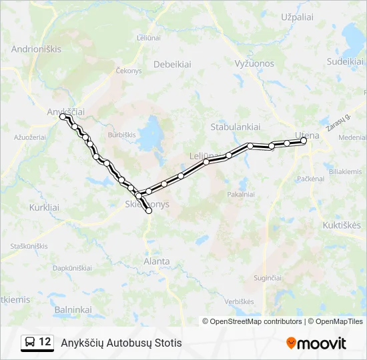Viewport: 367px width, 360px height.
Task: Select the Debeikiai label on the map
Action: [173, 65]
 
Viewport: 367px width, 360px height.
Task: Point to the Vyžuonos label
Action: [254, 63]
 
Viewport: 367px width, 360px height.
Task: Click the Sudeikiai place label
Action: [345, 61]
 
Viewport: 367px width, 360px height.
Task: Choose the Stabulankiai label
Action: [235, 126]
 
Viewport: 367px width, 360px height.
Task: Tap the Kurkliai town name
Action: [44, 207]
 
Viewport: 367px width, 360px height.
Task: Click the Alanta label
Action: [157, 261]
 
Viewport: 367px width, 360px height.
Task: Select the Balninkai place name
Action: [73, 309]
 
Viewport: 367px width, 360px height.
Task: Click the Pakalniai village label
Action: [241, 195]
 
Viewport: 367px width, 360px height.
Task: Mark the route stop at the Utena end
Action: [304, 141]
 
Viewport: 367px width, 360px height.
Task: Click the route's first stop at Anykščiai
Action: [63, 117]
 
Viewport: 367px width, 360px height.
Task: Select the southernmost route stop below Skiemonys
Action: [149, 211]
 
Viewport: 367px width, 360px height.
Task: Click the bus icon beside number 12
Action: [30, 342]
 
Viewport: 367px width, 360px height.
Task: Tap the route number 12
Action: [45, 342]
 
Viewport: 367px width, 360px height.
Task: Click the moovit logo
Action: [316, 343]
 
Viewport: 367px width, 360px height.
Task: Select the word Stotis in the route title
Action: [166, 343]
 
